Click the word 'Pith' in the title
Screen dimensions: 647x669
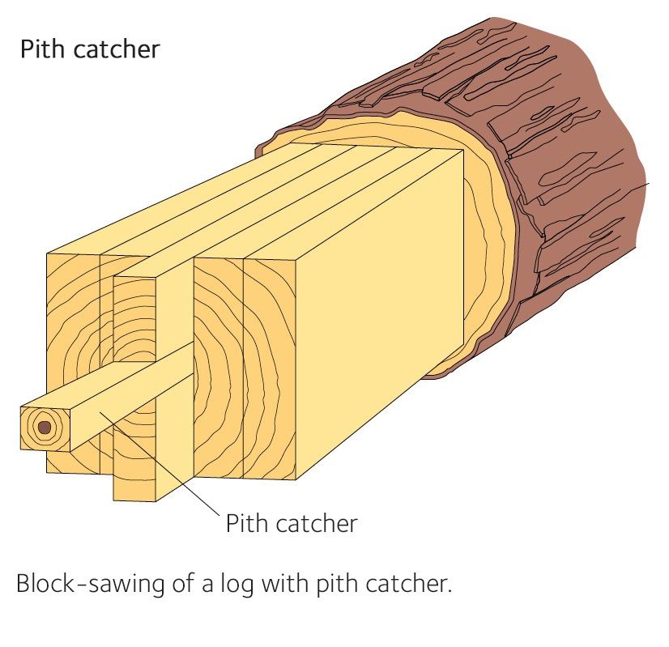40,49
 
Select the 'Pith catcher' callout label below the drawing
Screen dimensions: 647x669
291,523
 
